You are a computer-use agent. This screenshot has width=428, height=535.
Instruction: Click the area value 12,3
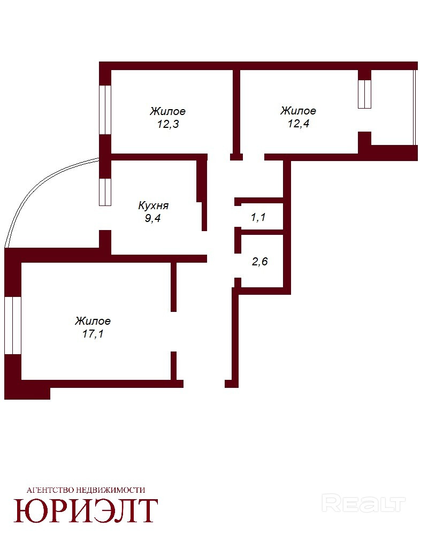(x=168, y=124)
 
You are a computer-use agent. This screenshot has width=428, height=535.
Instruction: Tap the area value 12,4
(x=299, y=123)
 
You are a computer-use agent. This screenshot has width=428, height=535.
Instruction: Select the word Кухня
(x=153, y=205)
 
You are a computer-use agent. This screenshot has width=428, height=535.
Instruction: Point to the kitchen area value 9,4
(x=152, y=218)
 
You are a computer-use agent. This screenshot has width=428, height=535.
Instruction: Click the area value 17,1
(x=93, y=333)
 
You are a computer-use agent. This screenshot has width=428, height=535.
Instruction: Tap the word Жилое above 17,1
(x=93, y=320)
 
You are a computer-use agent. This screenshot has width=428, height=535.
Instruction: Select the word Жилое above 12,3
(x=167, y=111)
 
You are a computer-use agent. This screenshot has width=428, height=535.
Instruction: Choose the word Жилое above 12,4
(x=299, y=111)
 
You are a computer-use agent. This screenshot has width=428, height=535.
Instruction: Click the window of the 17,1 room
(x=13, y=325)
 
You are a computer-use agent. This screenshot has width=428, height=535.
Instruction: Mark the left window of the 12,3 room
(x=105, y=110)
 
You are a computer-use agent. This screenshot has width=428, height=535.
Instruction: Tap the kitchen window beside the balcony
(x=105, y=192)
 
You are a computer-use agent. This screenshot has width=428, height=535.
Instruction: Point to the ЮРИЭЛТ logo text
(x=86, y=510)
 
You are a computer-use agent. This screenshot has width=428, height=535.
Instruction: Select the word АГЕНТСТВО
(x=50, y=490)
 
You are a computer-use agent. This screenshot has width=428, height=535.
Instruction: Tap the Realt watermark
(x=363, y=503)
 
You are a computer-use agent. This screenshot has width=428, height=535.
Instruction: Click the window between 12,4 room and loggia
(x=364, y=94)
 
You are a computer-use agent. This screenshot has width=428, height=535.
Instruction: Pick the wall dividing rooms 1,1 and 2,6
(x=262, y=232)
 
